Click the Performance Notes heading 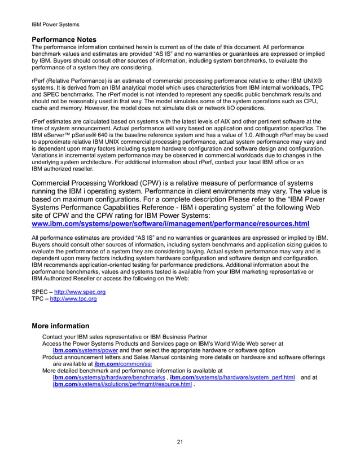[65, 40]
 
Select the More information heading [60, 326]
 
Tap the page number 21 [179, 441]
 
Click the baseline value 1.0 [261, 136]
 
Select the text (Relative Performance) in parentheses [81, 89]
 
